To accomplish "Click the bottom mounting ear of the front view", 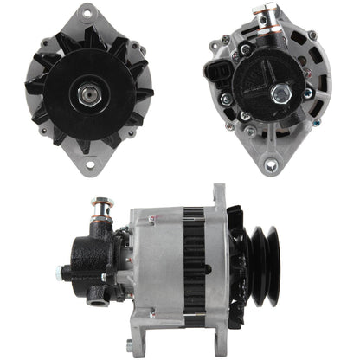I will tap(90, 164).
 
